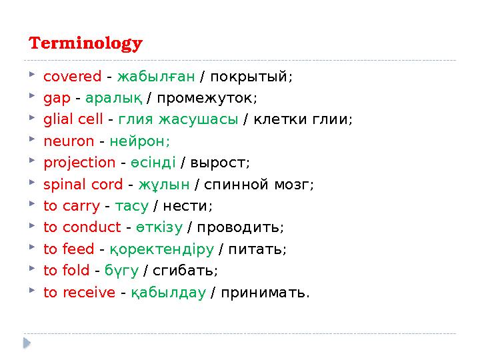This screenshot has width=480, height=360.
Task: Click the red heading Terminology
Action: click(85, 44)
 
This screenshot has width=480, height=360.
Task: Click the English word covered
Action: click(72, 76)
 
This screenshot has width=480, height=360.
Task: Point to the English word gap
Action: click(57, 98)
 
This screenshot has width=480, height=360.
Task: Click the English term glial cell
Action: click(73, 119)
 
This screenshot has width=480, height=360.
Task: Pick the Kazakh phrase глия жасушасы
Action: click(178, 119)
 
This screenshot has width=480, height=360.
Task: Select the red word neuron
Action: click(69, 141)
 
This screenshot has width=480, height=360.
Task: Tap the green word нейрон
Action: click(139, 141)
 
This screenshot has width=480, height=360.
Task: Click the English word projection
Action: click(79, 163)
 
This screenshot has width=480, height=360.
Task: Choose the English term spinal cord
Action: click(83, 184)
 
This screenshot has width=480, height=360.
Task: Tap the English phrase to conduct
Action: click(82, 227)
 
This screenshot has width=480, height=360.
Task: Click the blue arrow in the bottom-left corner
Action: click(27, 343)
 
